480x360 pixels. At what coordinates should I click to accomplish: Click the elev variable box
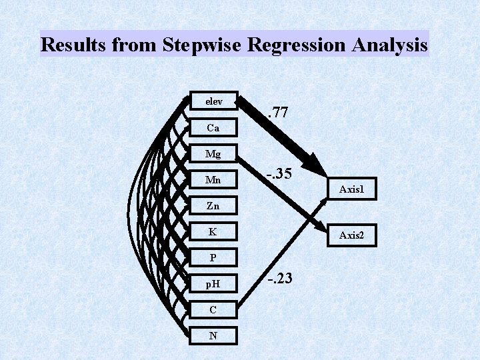[x=213, y=101]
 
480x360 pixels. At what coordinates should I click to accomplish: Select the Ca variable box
[x=213, y=127]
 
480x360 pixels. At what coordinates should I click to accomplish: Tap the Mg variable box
[x=213, y=154]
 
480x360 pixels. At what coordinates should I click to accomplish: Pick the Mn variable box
[x=213, y=180]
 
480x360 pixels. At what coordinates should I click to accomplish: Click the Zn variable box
[x=213, y=206]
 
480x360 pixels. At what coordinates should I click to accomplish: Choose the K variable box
[x=213, y=232]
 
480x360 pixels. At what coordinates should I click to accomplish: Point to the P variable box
[x=213, y=257]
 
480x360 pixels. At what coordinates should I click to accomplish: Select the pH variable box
[x=213, y=284]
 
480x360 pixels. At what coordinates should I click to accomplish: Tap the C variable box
[x=213, y=310]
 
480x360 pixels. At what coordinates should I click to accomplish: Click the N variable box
[x=213, y=335]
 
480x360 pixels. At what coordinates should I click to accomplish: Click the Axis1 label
[x=351, y=190]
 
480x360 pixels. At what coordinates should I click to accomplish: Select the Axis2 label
[x=351, y=235]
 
